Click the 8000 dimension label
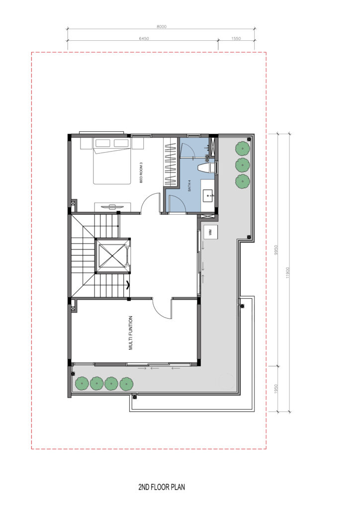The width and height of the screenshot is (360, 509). (x=161, y=27)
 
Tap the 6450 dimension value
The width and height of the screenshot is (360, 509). (x=144, y=39)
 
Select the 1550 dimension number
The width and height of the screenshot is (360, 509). (x=236, y=39)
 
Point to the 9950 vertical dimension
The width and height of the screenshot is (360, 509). (x=276, y=250)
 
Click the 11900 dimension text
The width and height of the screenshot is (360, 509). (x=287, y=273)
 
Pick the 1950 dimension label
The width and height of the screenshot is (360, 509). (x=276, y=389)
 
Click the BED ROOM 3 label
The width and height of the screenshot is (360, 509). (x=141, y=172)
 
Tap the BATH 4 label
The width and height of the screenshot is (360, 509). (x=189, y=185)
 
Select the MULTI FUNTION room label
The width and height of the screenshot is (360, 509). (x=131, y=333)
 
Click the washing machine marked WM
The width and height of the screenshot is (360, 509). (x=210, y=233)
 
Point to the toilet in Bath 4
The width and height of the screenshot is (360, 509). (x=206, y=168)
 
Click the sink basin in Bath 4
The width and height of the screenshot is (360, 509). (x=208, y=196)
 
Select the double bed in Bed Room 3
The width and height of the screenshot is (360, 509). (x=112, y=161)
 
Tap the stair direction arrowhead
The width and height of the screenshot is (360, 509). (x=128, y=285)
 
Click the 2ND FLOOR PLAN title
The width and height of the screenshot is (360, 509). (x=162, y=487)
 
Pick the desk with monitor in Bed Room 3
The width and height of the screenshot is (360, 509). (x=113, y=206)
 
